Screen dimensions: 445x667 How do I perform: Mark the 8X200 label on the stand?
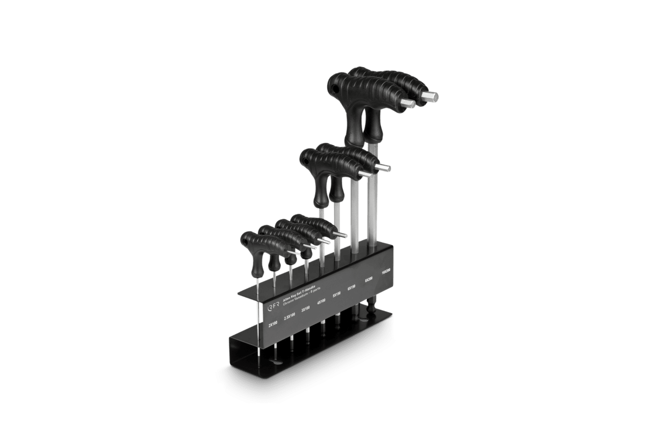pyautogui.click(x=369, y=280)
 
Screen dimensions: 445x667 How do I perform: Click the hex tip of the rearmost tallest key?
pyautogui.click(x=430, y=96)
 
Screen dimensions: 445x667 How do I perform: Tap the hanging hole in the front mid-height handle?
pyautogui.click(x=306, y=160)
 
